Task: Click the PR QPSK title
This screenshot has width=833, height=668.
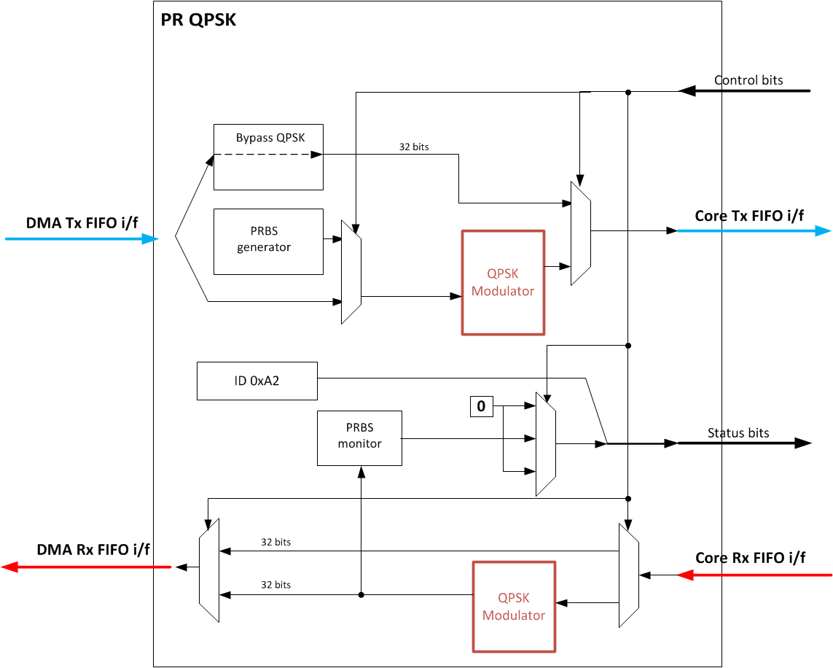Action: coord(198,20)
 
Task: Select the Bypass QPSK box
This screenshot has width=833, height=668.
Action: coord(268,157)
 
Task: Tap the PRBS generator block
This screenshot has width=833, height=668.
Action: coord(268,242)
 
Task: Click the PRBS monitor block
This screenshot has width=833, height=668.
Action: coord(360,438)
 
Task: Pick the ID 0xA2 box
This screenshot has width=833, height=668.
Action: coord(257,381)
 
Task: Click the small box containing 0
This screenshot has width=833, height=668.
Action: coord(481,406)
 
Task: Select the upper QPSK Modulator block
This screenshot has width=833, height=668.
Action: coord(503,283)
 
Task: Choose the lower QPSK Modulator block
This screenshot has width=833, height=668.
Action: coord(515,607)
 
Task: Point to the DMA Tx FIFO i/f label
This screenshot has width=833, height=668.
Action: coord(82,222)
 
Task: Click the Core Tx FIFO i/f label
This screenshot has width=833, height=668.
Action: coord(749,216)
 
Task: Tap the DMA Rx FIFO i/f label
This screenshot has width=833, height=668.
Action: coord(93,549)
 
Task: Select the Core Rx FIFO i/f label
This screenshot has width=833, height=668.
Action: coord(750,558)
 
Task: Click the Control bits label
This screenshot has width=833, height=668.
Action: coord(748,80)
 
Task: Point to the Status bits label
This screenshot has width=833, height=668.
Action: coord(738,433)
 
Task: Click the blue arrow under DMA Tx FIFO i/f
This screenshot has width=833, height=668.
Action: coord(82,239)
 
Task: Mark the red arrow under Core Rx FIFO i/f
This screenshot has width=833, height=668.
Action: coord(754,575)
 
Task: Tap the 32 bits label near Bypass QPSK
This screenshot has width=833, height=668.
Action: coord(414,147)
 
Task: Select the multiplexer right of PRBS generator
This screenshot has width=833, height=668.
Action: coord(351,272)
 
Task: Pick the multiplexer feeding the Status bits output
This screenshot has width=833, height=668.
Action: coord(546,444)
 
